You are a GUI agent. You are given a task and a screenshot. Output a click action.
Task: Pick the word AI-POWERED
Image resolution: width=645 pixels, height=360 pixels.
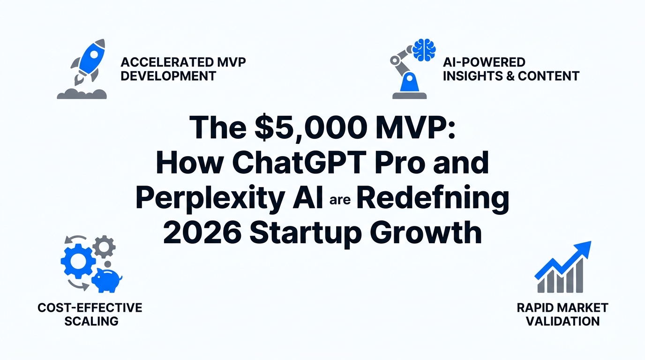[484, 62]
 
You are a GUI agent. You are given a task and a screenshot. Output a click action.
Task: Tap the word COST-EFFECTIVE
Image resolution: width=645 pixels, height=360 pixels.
[90, 307]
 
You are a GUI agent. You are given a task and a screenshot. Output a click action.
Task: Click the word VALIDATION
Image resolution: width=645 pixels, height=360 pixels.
[562, 321]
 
